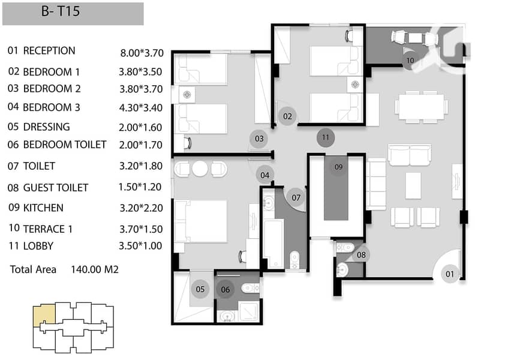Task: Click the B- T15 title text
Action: tap(61, 11)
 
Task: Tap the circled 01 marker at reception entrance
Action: tap(450, 274)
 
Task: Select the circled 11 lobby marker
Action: tap(326, 137)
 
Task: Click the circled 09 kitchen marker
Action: tap(338, 167)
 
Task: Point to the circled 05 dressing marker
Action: tap(200, 289)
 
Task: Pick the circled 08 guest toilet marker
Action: tap(361, 255)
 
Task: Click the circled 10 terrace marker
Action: tap(410, 61)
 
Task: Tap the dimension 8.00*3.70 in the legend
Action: tap(142, 53)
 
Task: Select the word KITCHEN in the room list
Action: tap(43, 208)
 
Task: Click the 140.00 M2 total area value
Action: tap(95, 269)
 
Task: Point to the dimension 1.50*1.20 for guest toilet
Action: tap(140, 187)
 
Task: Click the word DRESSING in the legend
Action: tap(47, 127)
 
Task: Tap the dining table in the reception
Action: tap(421, 107)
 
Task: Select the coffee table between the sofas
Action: tap(413, 185)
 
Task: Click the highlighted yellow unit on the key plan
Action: tap(44, 316)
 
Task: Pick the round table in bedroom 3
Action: tap(200, 169)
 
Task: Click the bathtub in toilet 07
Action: tap(273, 244)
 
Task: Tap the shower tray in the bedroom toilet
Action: tap(249, 311)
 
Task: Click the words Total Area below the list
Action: tap(33, 269)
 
